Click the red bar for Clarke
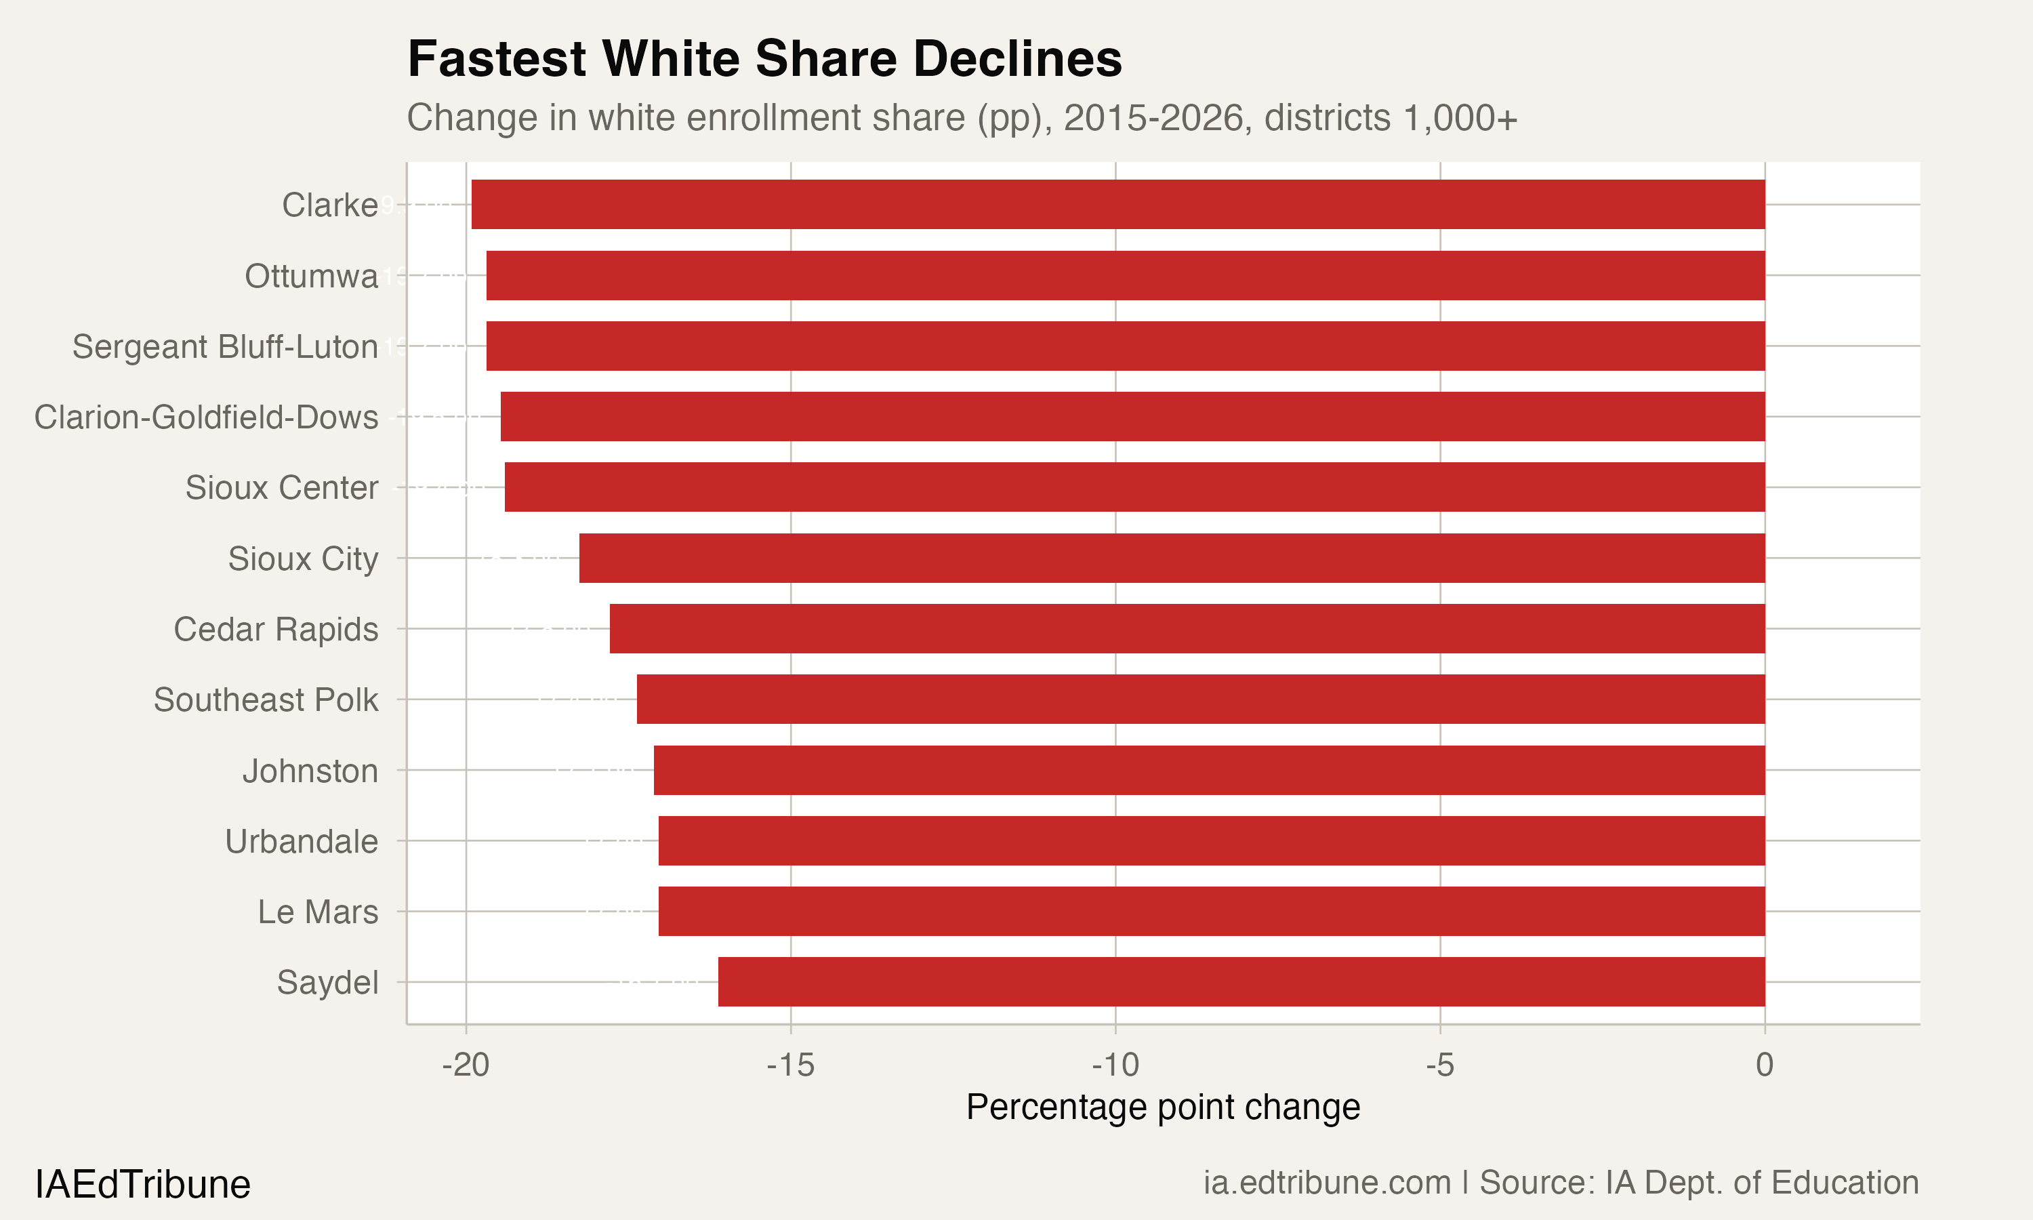(1117, 205)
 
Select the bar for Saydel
(1241, 981)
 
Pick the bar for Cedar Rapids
(1187, 629)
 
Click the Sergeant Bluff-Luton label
(225, 347)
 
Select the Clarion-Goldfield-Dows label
(205, 418)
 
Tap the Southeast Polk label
(266, 700)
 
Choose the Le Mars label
(317, 912)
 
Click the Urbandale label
(301, 842)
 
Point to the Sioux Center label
(281, 488)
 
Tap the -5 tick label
(1439, 1065)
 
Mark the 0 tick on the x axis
(1764, 1065)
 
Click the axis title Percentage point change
(1163, 1107)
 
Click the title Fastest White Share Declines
(764, 59)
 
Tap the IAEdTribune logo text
(142, 1185)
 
